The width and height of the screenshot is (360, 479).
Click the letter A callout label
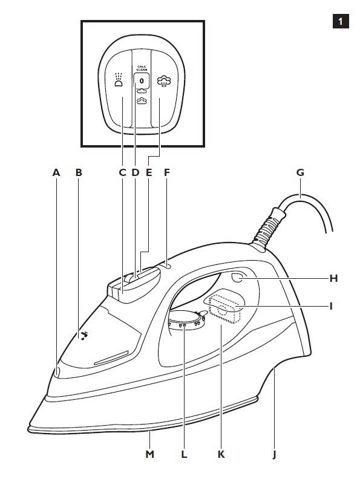coord(56,172)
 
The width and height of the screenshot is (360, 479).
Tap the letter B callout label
coord(79,172)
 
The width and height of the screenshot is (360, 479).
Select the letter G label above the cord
coord(300,172)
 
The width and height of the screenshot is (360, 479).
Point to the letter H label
coord(333,278)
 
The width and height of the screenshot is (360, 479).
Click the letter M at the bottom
coord(149,454)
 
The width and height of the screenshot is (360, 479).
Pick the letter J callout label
coord(274,455)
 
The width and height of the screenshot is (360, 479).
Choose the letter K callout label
coord(221,454)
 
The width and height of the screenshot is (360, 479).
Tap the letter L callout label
coord(184,454)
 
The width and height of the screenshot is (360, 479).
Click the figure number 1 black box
coord(341,21)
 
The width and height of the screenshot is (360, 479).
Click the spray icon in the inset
coord(119,79)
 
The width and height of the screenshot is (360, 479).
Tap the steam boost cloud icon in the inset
coord(164,82)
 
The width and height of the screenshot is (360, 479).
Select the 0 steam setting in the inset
coord(142,81)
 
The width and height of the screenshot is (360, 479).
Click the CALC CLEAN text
coord(142,68)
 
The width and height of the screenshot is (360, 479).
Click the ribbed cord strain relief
coord(269,227)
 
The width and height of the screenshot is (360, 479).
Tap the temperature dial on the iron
coord(186,320)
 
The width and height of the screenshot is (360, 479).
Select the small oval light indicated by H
coord(237,278)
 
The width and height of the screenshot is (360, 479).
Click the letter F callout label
coord(166,172)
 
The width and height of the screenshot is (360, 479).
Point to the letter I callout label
coord(331,306)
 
